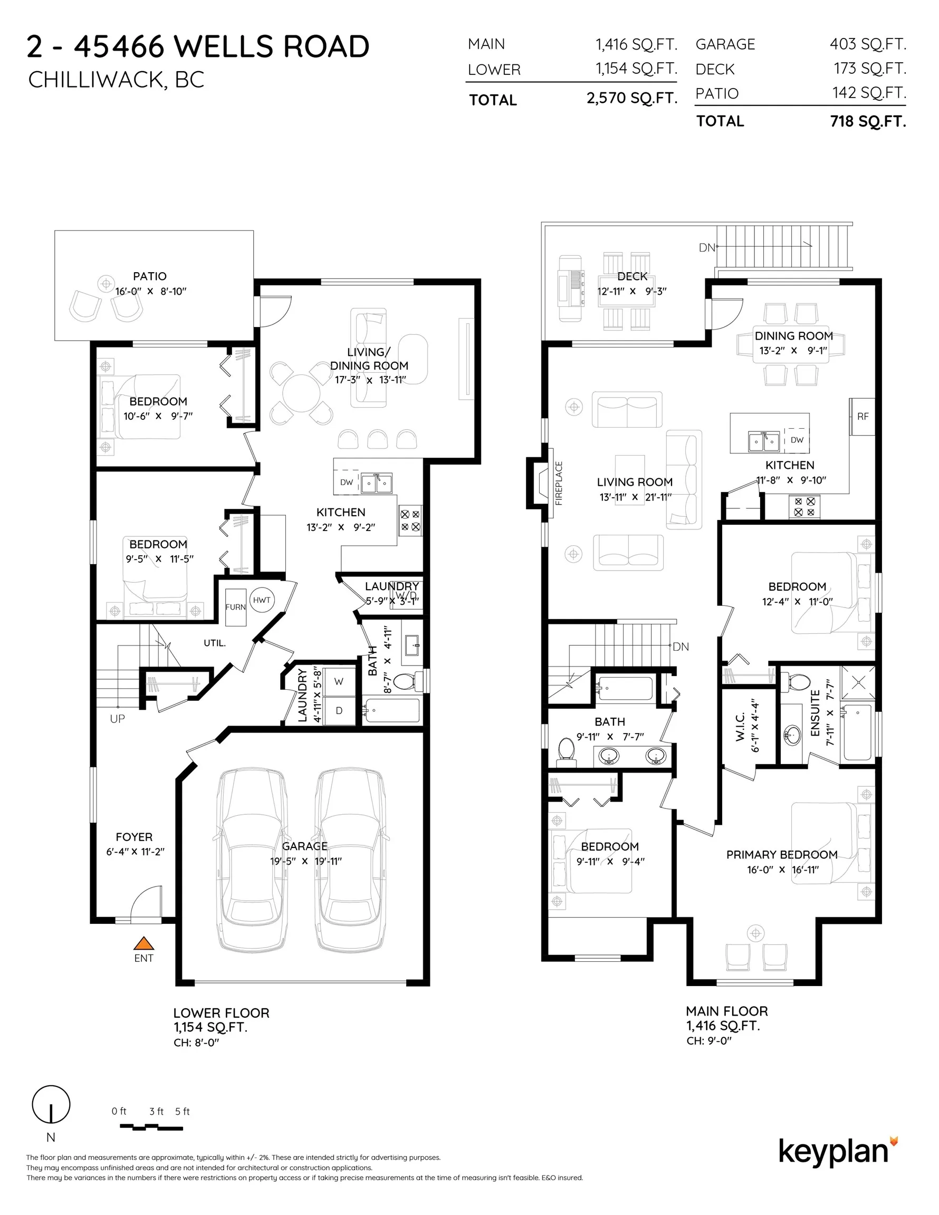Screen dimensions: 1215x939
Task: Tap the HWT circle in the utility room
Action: point(262,600)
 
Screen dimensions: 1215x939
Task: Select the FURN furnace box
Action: point(235,607)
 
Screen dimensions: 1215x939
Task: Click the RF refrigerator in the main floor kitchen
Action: point(862,416)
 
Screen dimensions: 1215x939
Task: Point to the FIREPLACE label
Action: point(559,483)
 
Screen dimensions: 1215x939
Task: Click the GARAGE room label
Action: point(304,846)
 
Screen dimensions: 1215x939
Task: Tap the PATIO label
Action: point(149,276)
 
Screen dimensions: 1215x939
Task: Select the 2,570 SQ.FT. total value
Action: point(632,99)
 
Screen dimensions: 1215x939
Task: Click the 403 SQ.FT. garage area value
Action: point(868,44)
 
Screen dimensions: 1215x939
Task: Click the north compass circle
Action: point(51,1104)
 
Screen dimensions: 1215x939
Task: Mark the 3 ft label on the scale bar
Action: point(156,1111)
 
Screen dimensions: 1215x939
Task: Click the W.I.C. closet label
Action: point(740,727)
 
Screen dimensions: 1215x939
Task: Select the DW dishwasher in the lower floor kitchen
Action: point(346,483)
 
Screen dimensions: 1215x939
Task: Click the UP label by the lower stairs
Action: point(118,719)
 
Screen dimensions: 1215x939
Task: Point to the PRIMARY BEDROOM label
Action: point(781,854)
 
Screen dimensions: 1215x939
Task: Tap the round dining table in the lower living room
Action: point(301,392)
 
